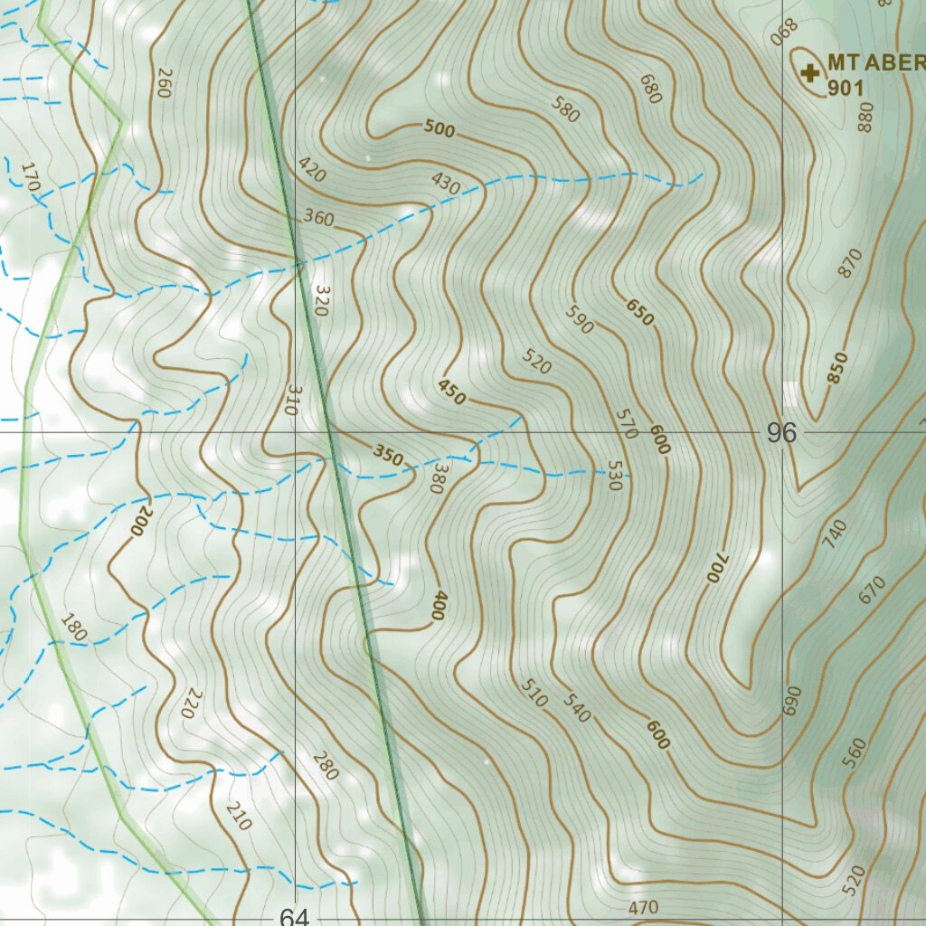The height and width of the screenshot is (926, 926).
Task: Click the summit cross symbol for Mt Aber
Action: [x=808, y=71]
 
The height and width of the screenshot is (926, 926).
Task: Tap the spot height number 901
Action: [x=846, y=89]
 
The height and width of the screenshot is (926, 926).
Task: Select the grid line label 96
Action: [x=781, y=433]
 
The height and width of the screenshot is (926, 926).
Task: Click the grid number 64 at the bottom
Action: [x=294, y=917]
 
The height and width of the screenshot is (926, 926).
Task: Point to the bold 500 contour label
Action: [x=439, y=129]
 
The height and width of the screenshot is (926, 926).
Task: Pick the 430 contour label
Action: [x=446, y=184]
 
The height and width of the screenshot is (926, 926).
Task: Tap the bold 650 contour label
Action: [x=638, y=312]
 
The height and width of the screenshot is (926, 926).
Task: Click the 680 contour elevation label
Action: [x=650, y=89]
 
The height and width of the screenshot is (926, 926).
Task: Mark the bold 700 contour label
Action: [x=715, y=566]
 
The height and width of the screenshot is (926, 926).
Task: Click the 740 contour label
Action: [x=836, y=533]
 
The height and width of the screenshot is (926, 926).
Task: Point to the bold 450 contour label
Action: [x=451, y=392]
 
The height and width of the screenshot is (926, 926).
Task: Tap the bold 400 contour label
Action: [x=438, y=605]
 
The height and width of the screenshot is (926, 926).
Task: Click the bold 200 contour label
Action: [x=142, y=522]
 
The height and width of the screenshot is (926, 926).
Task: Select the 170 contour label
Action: [x=30, y=177]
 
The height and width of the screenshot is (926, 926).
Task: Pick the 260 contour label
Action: [x=164, y=82]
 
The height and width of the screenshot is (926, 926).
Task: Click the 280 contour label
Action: [x=325, y=766]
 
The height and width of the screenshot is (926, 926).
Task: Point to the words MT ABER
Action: [x=875, y=62]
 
